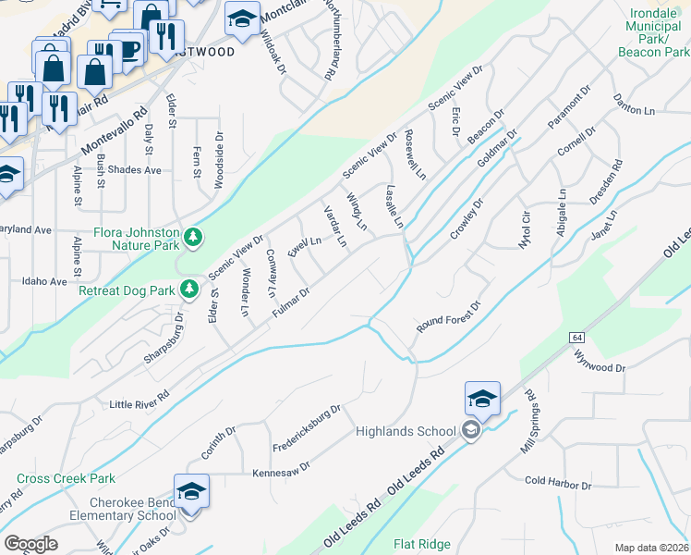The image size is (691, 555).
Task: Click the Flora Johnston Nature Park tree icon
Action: tap(193, 239)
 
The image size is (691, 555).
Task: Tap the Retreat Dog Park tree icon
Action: tap(189, 290)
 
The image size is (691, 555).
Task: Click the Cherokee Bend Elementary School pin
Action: tap(191, 491)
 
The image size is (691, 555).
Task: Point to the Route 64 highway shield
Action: tap(576, 336)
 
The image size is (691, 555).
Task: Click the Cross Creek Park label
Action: tap(66, 478)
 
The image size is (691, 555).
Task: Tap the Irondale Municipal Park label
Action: tap(652, 33)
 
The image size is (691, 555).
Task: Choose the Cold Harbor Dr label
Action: tap(557, 484)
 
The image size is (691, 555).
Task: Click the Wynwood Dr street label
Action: tap(600, 360)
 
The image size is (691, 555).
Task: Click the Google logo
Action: tap(30, 544)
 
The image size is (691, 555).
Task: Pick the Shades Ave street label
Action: tap(134, 170)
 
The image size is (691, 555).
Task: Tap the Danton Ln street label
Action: tap(634, 105)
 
